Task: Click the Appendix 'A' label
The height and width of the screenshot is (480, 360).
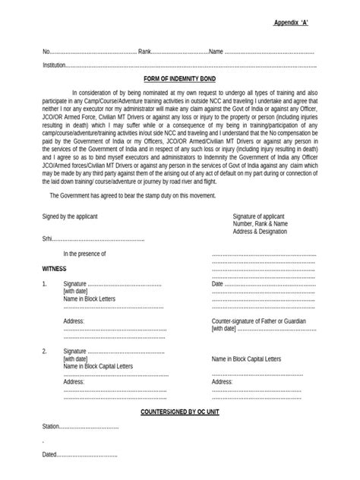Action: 290,24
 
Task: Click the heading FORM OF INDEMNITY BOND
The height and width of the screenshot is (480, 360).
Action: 180,78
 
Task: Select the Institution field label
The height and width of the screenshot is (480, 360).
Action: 55,65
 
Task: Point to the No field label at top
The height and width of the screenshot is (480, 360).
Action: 46,52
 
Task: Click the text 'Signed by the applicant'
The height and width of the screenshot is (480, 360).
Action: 70,216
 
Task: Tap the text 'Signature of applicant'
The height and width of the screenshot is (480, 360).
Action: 260,216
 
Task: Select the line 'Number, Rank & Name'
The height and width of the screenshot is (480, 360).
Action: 261,224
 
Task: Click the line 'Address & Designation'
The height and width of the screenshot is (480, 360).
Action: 262,232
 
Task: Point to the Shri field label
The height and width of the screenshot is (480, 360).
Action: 48,238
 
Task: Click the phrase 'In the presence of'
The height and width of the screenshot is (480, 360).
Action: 84,253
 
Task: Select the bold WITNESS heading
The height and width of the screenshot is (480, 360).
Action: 55,269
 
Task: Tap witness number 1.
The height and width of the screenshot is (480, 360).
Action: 45,284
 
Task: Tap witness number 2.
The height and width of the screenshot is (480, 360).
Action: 45,352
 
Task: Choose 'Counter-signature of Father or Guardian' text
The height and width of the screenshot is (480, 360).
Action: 262,321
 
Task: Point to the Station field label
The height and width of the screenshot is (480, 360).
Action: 52,426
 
